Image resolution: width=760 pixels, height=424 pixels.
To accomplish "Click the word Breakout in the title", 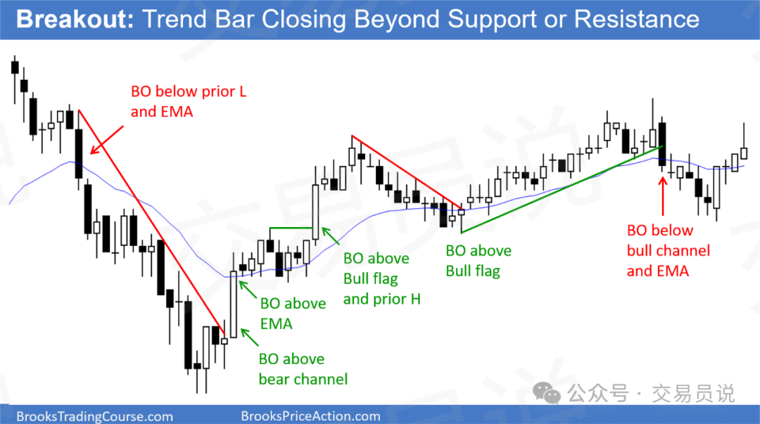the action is [x=75, y=20].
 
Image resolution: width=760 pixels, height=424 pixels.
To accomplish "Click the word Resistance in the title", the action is [x=636, y=20].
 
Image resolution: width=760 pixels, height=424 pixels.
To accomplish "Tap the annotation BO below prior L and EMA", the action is [x=189, y=101].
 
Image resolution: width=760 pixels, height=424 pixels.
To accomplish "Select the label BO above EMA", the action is [x=293, y=314].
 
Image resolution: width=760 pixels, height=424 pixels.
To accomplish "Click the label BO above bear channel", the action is [x=303, y=368].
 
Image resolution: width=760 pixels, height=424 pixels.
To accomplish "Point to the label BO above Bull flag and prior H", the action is [x=381, y=278].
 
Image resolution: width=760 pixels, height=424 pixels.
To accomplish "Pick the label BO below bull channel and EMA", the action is [x=669, y=250].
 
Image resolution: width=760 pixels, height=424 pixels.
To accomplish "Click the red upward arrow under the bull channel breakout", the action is [x=663, y=195].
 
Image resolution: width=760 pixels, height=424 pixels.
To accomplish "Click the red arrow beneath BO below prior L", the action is [x=107, y=140].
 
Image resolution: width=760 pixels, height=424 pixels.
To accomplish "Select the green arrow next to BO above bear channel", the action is [x=249, y=338].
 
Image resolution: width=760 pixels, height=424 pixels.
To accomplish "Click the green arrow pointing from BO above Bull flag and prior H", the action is [x=331, y=236].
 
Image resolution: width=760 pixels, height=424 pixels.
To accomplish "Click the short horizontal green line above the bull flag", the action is [x=291, y=228].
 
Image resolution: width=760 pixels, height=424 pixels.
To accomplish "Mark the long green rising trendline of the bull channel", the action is [x=560, y=189].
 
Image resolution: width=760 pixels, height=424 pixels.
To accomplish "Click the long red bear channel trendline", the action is [x=152, y=222].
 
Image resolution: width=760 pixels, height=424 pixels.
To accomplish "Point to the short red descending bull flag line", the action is [x=407, y=172].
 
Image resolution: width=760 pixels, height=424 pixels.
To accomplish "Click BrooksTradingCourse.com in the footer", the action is [x=94, y=416].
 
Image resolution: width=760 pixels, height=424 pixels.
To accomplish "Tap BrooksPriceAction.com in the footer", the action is [x=311, y=416].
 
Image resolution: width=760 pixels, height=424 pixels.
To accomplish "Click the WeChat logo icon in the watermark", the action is [x=547, y=392].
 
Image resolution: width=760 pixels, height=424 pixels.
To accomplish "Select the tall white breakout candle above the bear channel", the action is [x=234, y=304].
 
